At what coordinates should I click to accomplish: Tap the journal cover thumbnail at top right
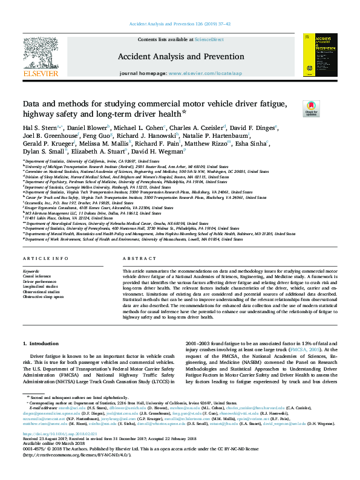[x=319, y=55]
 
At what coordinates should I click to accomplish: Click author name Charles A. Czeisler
[x=197, y=128]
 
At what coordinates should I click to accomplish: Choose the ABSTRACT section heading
[x=135, y=258]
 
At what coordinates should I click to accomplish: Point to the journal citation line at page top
[x=180, y=25]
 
